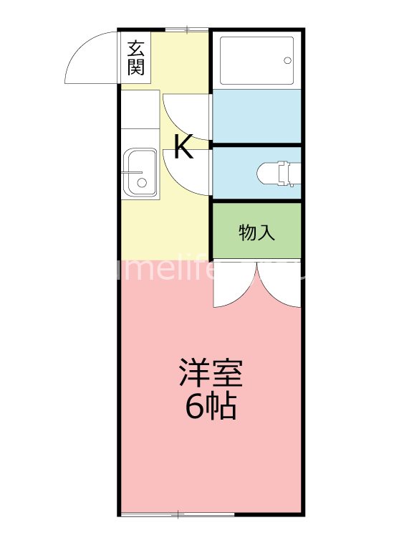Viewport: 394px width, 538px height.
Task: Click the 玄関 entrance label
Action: (x=136, y=58)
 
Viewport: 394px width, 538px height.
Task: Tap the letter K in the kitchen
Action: (x=183, y=147)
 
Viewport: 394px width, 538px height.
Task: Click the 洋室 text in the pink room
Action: (x=211, y=373)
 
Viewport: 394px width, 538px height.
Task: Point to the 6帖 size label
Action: (x=211, y=407)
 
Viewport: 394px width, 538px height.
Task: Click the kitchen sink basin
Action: (x=140, y=172)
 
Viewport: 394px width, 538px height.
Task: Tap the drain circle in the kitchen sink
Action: (x=142, y=183)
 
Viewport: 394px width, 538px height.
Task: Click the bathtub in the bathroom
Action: (x=256, y=60)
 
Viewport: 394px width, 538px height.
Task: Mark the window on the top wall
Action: (x=186, y=29)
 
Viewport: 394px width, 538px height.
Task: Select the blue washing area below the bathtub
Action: (x=256, y=115)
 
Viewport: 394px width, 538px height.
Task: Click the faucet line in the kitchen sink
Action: (x=134, y=172)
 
